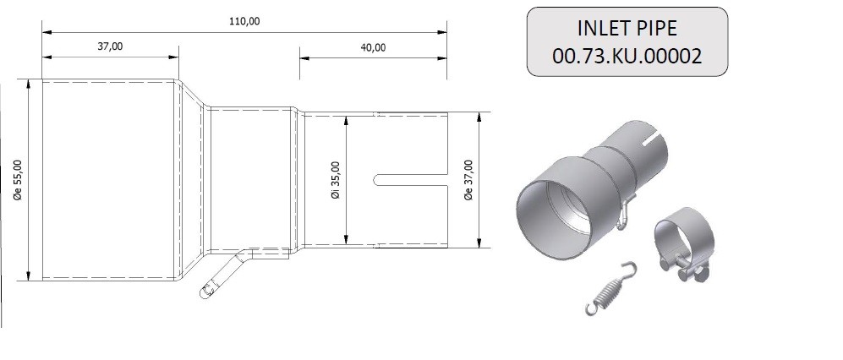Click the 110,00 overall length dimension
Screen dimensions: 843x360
point(244,21)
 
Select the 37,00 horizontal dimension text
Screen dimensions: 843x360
point(110,46)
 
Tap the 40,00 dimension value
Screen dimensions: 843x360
point(373,47)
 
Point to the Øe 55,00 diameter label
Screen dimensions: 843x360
point(18,180)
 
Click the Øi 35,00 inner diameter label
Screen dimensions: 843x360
point(336,180)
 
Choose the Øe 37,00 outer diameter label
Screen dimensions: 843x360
point(468,180)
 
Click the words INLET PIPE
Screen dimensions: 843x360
point(627,28)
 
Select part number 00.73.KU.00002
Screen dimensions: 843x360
point(627,56)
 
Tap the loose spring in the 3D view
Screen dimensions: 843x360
point(610,288)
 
